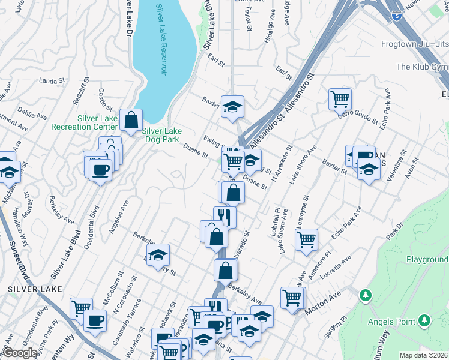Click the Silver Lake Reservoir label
pyautogui.click(x=161, y=40)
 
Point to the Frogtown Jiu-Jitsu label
pyautogui.click(x=414, y=44)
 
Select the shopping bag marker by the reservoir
pyautogui.click(x=131, y=121)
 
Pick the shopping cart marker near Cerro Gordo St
pyautogui.click(x=340, y=98)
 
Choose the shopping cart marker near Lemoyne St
pyautogui.click(x=306, y=239)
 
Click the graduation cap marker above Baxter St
pyautogui.click(x=232, y=107)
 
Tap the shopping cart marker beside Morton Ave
pyautogui.click(x=292, y=298)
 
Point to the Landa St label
pyautogui.click(x=52, y=81)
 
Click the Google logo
pyautogui.click(x=20, y=353)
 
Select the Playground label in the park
pyautogui.click(x=427, y=259)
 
